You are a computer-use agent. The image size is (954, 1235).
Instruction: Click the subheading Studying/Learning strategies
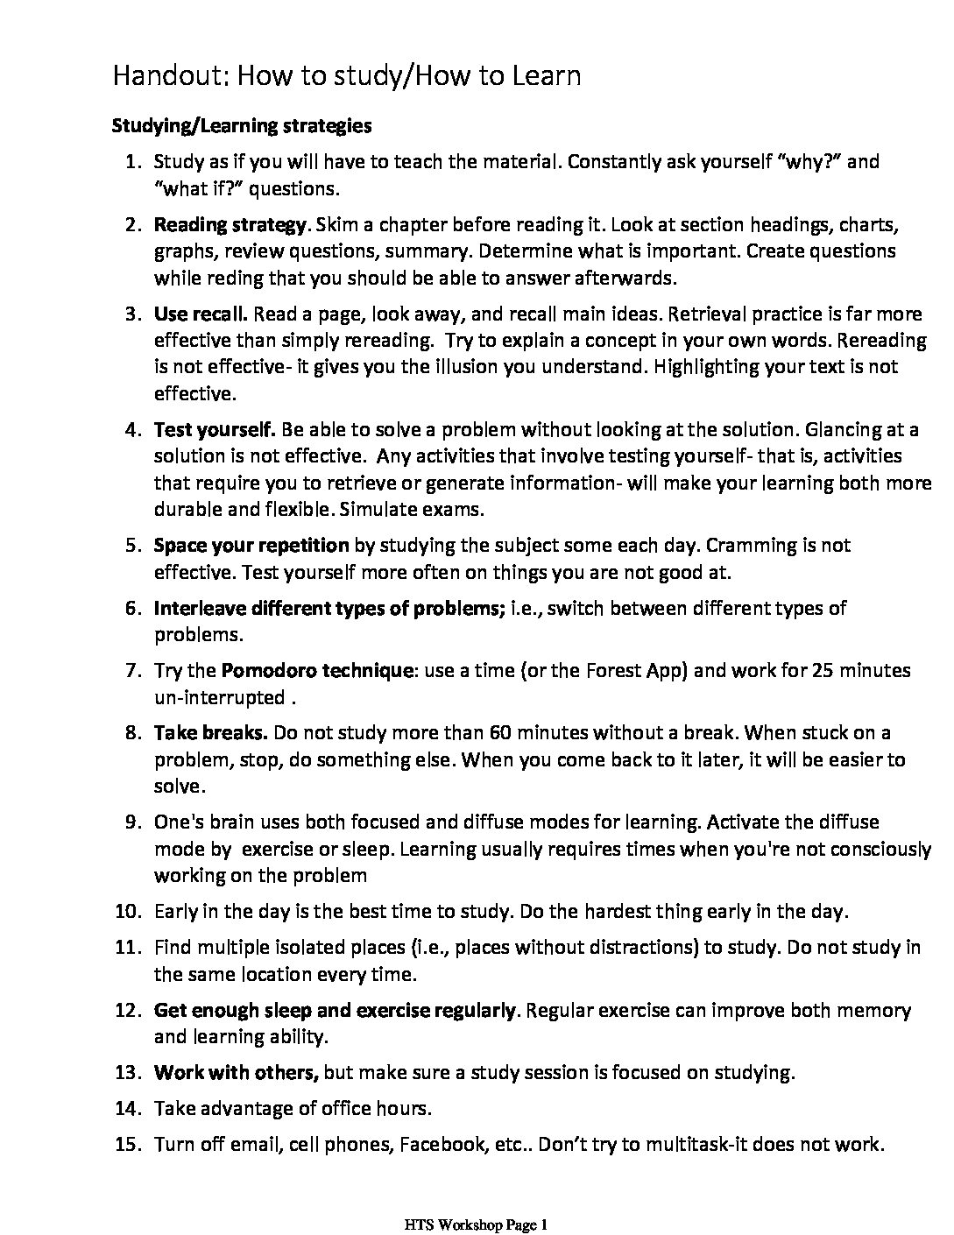[x=242, y=125]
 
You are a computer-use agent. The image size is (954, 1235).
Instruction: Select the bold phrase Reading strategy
[x=230, y=224]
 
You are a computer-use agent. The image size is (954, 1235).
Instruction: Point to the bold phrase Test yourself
[x=215, y=429]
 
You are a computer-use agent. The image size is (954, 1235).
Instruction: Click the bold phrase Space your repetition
[x=251, y=545]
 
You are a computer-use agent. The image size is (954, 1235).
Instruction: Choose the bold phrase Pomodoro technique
[x=317, y=670]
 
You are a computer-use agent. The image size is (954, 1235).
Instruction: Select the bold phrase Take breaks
[x=210, y=732]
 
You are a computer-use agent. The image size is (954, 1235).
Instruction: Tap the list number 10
[x=128, y=912]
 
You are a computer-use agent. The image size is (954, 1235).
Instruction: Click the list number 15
[x=128, y=1144]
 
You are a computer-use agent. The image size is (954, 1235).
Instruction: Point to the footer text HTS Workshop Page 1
[x=477, y=1224]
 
